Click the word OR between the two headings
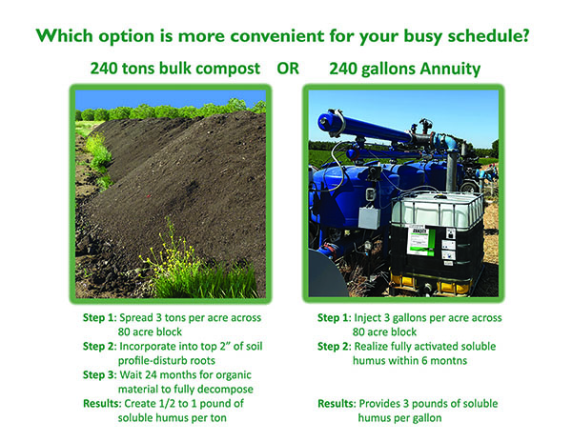pyautogui.click(x=288, y=69)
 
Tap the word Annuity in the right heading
pyautogui.click(x=450, y=70)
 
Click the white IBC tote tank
pyautogui.click(x=437, y=240)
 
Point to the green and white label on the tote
pyautogui.click(x=420, y=241)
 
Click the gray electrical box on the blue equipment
pyautogui.click(x=369, y=217)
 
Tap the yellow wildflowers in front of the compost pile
pyautogui.click(x=172, y=255)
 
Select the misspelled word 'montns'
pyautogui.click(x=449, y=361)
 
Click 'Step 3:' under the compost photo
pyautogui.click(x=99, y=375)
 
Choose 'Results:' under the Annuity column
pyautogui.click(x=337, y=404)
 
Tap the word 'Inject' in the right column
pyautogui.click(x=367, y=318)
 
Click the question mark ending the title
pyautogui.click(x=525, y=35)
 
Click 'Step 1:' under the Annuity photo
pyautogui.click(x=335, y=318)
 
